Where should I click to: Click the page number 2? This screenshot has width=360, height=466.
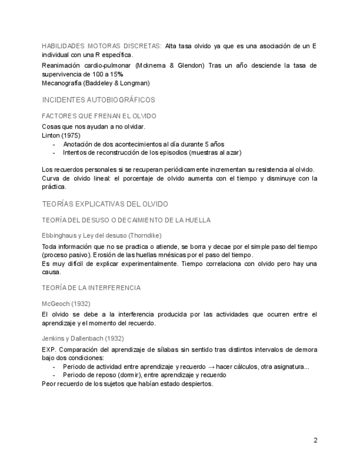315,440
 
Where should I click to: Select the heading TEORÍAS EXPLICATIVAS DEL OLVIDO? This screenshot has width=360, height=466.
105,204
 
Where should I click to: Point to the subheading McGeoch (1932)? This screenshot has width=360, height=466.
66,303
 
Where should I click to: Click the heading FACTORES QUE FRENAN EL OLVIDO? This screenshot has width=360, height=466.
99,116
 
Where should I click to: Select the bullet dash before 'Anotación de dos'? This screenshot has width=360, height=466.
54,144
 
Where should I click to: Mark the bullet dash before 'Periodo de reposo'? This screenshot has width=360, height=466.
54,375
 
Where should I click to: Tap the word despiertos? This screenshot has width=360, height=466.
195,384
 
